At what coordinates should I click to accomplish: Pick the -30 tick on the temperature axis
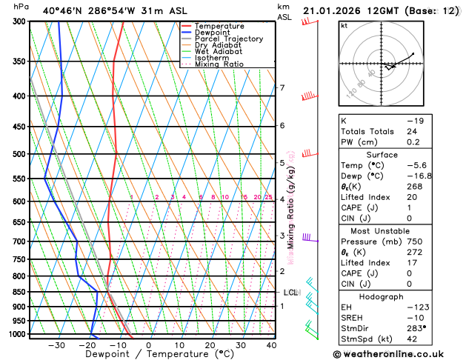coord(56,345)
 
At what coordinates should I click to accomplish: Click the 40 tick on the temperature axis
coord(272,345)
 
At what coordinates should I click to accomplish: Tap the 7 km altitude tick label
coord(282,88)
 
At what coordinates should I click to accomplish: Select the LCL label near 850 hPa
coord(290,293)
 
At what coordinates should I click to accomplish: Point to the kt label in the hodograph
coord(344,25)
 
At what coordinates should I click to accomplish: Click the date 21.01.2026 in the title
coord(336,10)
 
